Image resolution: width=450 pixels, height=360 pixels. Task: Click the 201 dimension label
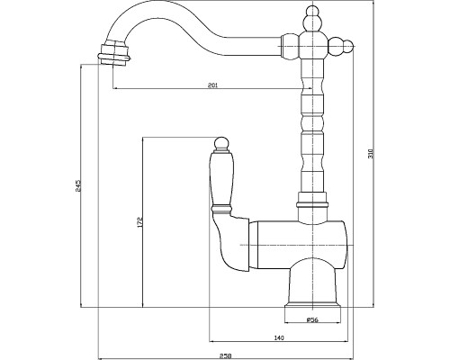[212, 85]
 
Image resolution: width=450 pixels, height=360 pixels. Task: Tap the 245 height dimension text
[78, 185]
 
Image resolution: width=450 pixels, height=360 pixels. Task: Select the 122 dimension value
[139, 221]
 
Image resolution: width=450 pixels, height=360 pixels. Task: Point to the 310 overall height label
[370, 154]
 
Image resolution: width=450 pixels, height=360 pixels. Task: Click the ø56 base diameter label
[312, 319]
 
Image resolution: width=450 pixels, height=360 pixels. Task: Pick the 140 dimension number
[279, 338]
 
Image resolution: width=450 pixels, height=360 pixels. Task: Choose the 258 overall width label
[225, 356]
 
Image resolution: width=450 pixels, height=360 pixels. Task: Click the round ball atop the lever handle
[221, 143]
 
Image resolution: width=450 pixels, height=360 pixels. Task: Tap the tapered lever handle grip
[220, 178]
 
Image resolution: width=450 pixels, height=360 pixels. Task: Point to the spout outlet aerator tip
[114, 55]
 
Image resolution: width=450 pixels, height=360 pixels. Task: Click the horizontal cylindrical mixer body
[299, 245]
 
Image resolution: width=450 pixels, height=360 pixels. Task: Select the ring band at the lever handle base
[221, 208]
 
